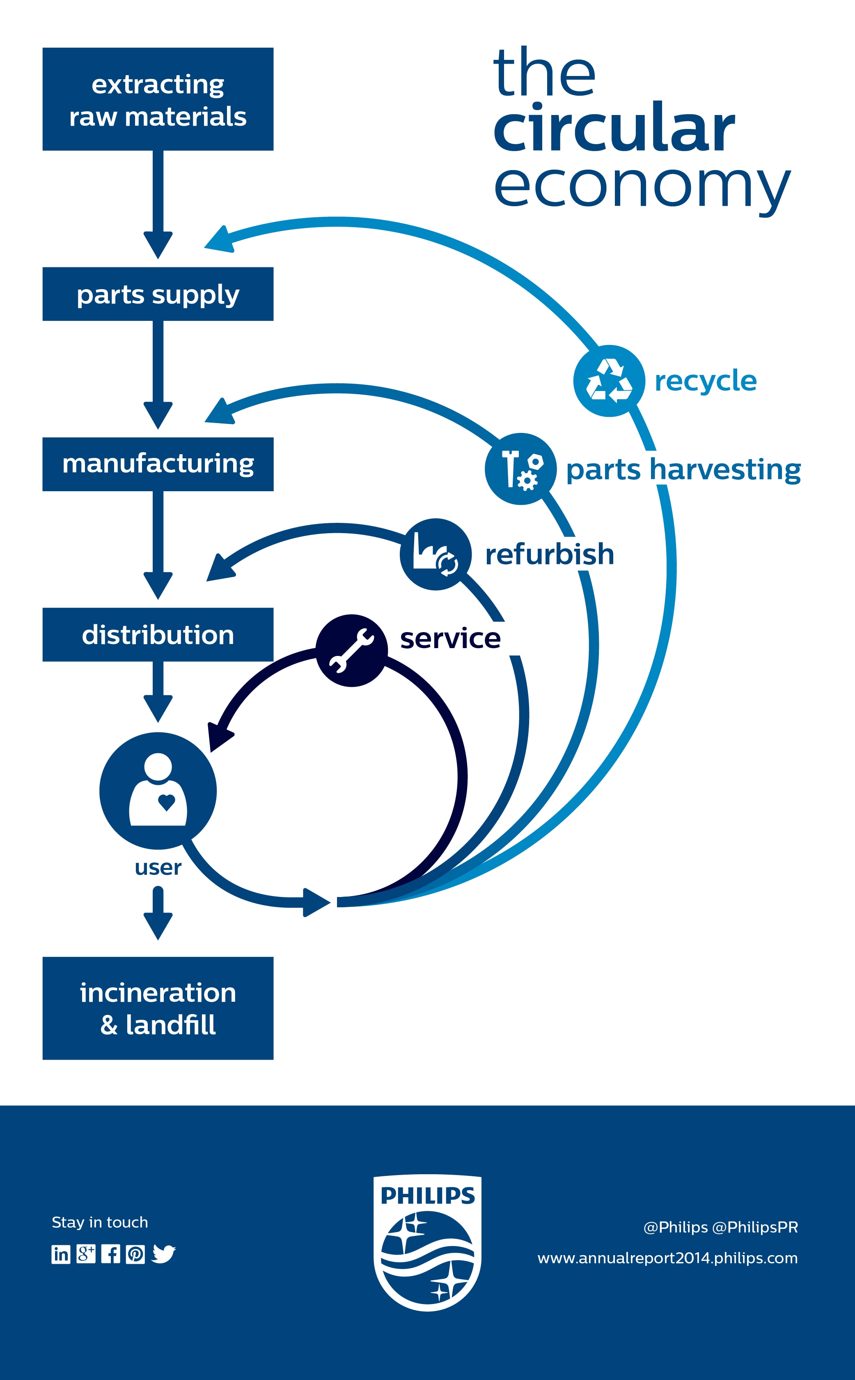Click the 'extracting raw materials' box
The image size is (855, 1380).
(x=158, y=99)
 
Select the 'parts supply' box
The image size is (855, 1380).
(x=158, y=294)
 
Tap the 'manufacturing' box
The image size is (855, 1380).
(x=158, y=464)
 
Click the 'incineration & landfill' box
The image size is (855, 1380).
(x=158, y=1008)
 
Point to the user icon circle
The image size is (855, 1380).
(x=158, y=791)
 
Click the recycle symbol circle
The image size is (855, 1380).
(x=609, y=381)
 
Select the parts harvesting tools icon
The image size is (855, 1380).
(x=521, y=469)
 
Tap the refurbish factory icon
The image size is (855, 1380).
(x=436, y=554)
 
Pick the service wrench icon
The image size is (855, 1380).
(x=351, y=651)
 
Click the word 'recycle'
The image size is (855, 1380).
(x=705, y=381)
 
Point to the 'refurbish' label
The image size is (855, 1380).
(x=549, y=554)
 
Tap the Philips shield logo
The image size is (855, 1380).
(x=428, y=1243)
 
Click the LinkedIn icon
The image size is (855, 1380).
(x=61, y=1254)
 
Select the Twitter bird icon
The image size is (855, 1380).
(x=163, y=1254)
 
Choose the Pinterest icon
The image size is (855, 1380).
(x=135, y=1254)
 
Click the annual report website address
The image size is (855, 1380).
(x=667, y=1258)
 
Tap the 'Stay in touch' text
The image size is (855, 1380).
(x=99, y=1223)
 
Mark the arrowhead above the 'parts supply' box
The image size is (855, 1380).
(x=158, y=244)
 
